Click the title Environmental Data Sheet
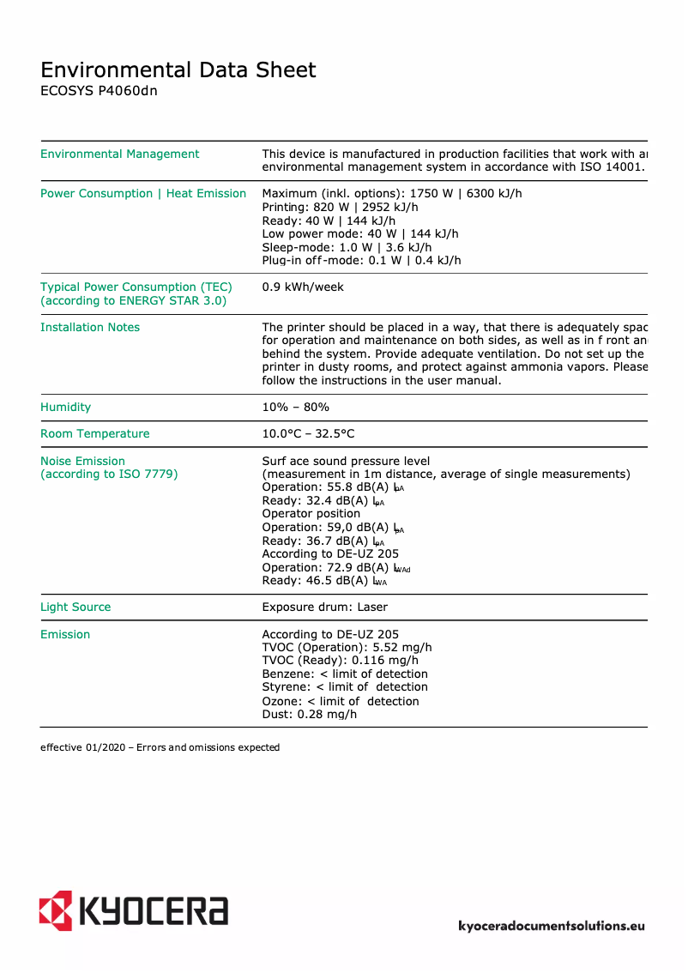[178, 70]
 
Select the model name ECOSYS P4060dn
[99, 91]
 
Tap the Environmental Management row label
[119, 154]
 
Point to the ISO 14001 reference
[608, 166]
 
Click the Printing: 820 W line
[340, 207]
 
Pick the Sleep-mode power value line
[347, 247]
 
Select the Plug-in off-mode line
[361, 260]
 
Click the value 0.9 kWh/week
[303, 287]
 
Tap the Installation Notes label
[90, 328]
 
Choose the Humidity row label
[65, 408]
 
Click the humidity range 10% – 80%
[295, 408]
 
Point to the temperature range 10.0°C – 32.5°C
[308, 434]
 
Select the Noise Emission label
[82, 462]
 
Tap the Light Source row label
[75, 607]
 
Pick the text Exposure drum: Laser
[324, 607]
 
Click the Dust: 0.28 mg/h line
[309, 714]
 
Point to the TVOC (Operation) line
[347, 648]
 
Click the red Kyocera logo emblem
[55, 910]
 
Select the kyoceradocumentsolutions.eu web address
[551, 926]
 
